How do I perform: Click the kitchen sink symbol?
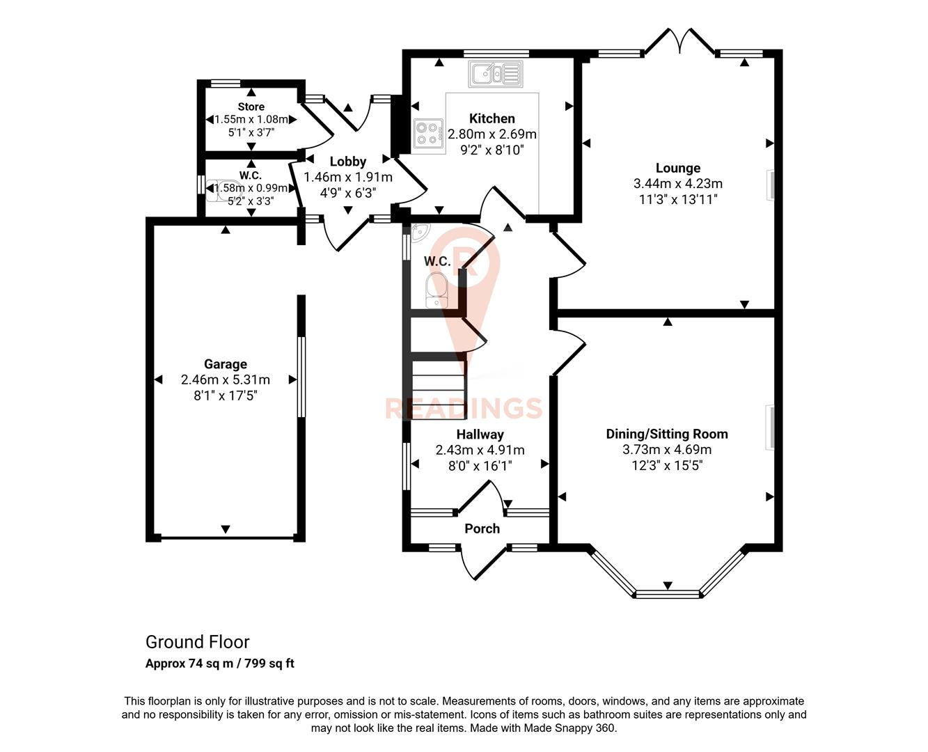coord(495,74)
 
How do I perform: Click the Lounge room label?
coord(677,168)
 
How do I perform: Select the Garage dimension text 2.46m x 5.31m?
coord(225,379)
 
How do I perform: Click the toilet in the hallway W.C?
coord(437,289)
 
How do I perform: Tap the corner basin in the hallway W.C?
coord(420,233)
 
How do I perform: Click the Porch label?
coord(482,528)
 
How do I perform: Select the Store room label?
coord(251,107)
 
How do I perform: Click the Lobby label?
coord(347,162)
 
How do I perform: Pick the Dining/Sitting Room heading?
coord(666,434)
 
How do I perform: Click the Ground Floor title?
coord(197,642)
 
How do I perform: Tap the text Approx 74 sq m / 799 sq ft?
coord(219,664)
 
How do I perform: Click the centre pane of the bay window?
coord(667,594)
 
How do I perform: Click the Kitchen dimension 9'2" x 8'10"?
coord(491,150)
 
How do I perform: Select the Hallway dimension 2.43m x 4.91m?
coord(480,450)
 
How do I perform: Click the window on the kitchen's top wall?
coord(496,53)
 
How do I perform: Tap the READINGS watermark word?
coord(464,408)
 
